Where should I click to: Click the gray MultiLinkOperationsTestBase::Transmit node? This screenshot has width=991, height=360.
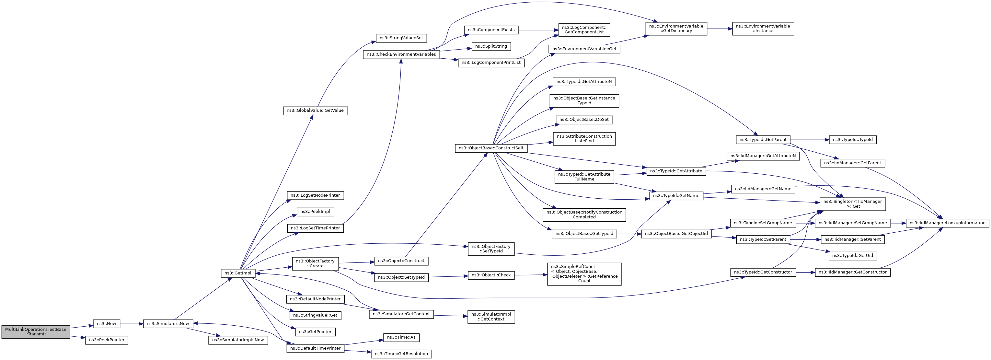pos(36,331)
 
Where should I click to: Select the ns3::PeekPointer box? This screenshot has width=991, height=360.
pos(107,340)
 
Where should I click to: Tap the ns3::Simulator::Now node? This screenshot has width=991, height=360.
pos(168,323)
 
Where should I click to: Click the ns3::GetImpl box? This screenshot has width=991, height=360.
pos(238,273)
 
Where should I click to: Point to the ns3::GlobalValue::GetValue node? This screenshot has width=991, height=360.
pos(316,110)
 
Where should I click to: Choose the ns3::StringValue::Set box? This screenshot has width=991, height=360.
pos(401,38)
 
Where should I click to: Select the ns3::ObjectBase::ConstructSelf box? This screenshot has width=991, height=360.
pos(491,148)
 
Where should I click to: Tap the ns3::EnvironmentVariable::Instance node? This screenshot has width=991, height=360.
pos(763,29)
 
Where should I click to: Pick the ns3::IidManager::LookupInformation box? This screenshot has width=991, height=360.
pos(948,223)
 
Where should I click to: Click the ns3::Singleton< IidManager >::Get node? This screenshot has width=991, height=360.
pos(853,204)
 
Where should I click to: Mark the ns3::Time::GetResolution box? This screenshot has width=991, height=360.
pos(401,354)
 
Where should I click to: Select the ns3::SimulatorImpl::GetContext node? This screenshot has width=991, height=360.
pos(491,317)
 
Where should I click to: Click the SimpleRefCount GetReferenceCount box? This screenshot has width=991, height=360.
pos(584,274)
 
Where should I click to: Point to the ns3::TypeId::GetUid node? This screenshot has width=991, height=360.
pos(853,256)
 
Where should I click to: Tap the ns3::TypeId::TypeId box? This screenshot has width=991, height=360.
pos(853,140)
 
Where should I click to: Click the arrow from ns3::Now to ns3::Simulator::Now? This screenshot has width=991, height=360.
pos(132,324)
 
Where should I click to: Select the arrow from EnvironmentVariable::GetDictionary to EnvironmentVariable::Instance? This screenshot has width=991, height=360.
pos(720,29)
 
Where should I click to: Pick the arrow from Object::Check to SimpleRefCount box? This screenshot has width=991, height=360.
pos(531,275)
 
